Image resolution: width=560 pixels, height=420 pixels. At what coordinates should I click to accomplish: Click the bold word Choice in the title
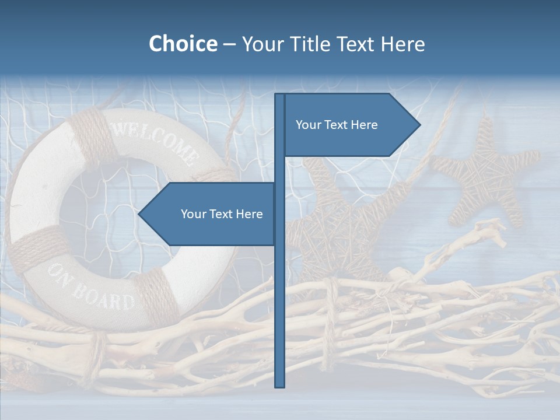pos(183,44)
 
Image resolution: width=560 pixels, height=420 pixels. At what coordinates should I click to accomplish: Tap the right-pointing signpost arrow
pos(350,125)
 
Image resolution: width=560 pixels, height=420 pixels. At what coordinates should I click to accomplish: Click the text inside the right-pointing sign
pos(337,125)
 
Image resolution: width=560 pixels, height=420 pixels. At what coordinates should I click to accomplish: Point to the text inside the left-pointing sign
pos(222,214)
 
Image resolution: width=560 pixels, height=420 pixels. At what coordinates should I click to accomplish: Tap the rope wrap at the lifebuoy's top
pos(93,134)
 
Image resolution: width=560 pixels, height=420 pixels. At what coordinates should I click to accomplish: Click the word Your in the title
pos(263,44)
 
